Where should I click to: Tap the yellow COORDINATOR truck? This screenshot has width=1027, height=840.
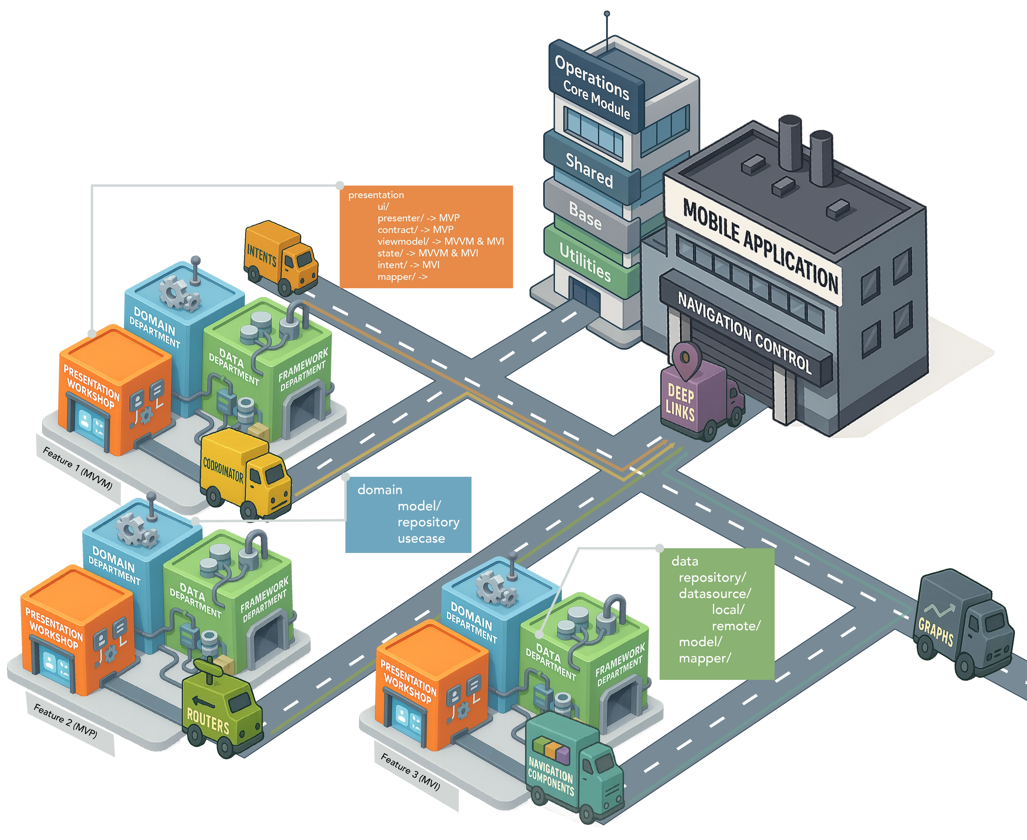click(x=244, y=474)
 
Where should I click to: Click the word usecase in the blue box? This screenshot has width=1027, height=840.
click(x=421, y=539)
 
